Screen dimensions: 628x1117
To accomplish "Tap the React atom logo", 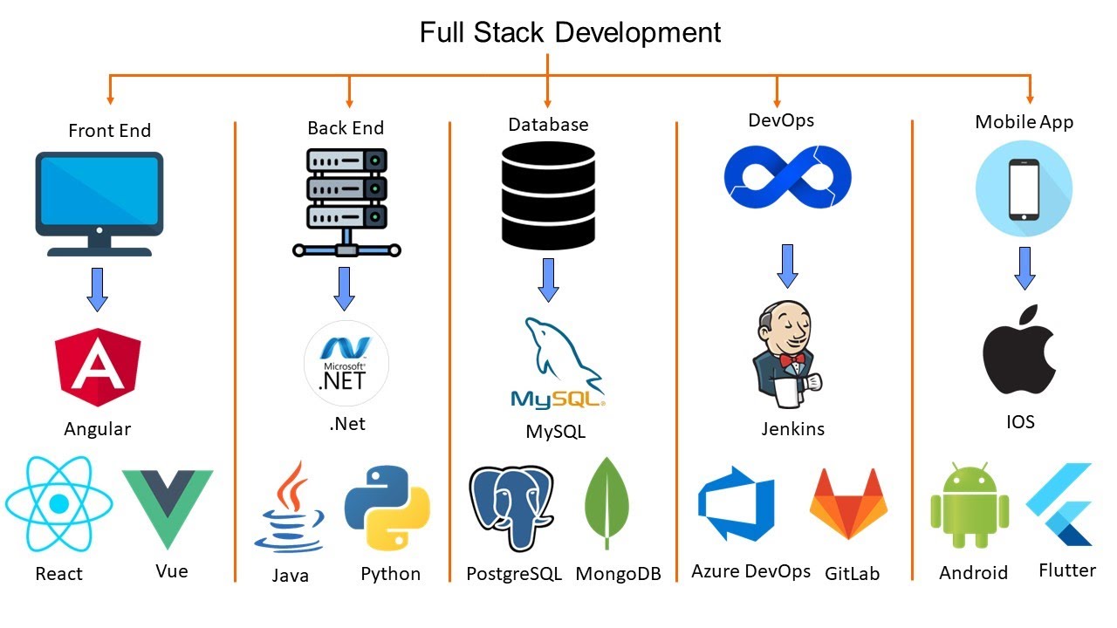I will (58, 503).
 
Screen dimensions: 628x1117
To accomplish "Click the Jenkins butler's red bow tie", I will (791, 358).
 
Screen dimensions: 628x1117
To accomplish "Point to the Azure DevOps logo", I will (736, 503).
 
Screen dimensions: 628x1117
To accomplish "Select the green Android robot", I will (970, 509).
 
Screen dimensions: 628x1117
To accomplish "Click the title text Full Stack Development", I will (570, 32).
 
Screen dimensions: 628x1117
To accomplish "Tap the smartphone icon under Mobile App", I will (1023, 190).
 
